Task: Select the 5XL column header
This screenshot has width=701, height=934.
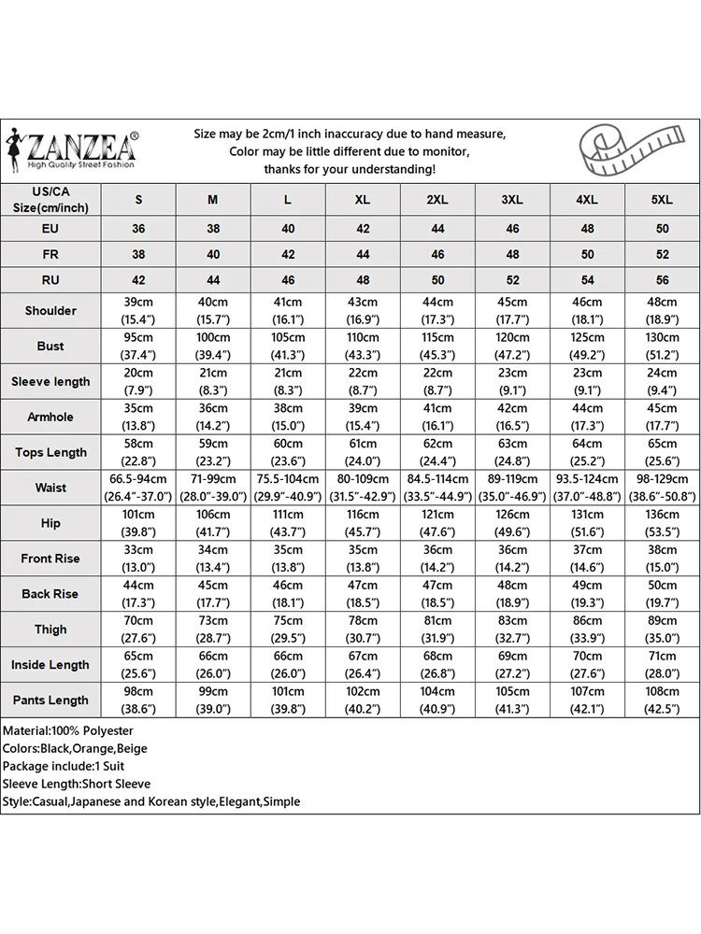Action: tap(662, 199)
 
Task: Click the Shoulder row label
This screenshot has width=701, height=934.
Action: tap(50, 310)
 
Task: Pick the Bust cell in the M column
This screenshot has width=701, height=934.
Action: tap(213, 346)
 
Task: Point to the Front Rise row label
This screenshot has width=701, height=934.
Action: tap(50, 559)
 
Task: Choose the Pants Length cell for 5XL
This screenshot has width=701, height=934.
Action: tap(662, 700)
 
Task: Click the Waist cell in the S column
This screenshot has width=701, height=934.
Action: tap(138, 488)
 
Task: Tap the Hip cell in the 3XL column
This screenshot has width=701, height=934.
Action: tap(512, 523)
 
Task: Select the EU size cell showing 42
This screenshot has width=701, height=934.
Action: tap(363, 228)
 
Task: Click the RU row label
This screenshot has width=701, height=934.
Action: tap(50, 279)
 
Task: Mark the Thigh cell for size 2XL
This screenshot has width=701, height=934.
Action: tap(437, 629)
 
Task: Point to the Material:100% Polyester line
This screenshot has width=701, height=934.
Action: tap(68, 730)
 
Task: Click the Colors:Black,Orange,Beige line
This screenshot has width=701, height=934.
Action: tap(75, 748)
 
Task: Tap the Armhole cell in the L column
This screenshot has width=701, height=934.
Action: tap(288, 417)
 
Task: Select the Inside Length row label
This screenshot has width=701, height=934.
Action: tap(50, 665)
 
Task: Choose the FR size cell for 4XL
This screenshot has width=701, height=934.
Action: tap(587, 254)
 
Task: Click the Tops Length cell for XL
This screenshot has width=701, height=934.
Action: tap(363, 452)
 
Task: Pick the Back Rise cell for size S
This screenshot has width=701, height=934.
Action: tap(138, 594)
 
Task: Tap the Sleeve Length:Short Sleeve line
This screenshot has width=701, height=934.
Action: tap(77, 784)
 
